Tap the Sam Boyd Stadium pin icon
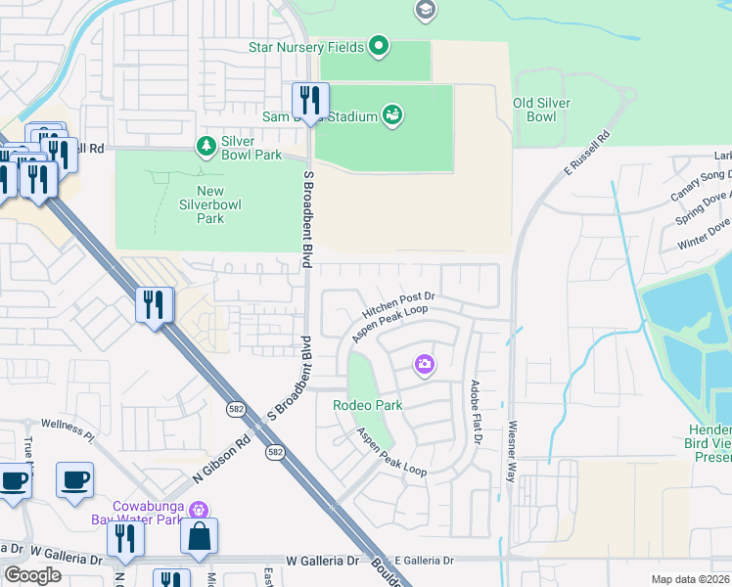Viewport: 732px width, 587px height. point(392,116)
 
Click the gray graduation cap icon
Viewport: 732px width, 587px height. point(425,11)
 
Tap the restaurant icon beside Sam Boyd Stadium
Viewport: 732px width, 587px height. point(310,102)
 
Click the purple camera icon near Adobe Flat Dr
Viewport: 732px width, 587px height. point(425,365)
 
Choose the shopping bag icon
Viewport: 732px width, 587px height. point(199,537)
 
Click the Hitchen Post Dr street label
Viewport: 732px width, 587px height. point(398,302)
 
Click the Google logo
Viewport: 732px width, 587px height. point(32,575)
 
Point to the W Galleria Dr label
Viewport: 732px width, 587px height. point(322,561)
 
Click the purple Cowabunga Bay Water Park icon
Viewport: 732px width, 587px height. point(199,509)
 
